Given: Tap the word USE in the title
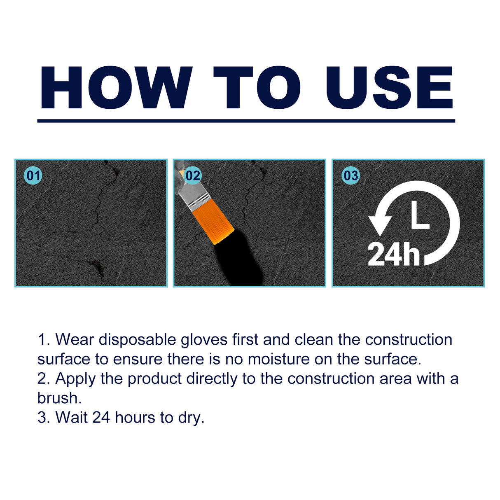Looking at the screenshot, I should point(389,88).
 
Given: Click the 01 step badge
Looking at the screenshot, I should point(33,176).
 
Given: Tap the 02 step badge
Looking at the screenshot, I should point(192,176).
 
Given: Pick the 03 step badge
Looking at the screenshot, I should point(350,176).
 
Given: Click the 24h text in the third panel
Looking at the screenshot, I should point(393,254).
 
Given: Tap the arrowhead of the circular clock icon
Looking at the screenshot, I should point(380,224).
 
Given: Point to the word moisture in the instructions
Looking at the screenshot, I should point(278,359).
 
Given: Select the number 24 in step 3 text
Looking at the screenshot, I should point(101,417).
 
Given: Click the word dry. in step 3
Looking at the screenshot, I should point(191,418).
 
